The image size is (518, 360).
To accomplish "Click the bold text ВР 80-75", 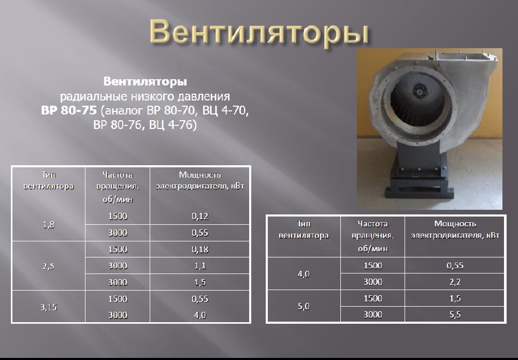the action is coord(69,110).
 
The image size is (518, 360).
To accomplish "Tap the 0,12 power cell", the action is coord(200,217).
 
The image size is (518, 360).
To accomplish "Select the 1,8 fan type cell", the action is coord(48,225).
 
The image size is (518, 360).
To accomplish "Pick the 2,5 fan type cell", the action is coord(48,266).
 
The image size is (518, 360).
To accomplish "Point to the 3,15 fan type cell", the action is coord(49,307).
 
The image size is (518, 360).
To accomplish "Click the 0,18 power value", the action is coord(200,249).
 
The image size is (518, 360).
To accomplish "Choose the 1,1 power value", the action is coord(200,266).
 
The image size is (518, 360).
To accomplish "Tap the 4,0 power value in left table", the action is coord(200,315).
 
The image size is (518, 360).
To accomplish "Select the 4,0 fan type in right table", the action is coord(304,274).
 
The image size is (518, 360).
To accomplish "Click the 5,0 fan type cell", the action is coord(304,307).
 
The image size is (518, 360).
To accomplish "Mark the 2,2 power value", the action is coord(455,282).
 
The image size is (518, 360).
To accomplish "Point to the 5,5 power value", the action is coord(455,315).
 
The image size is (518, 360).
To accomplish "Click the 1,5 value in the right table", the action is coord(455,298).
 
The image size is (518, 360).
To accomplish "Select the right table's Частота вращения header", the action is coord(372,236).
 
